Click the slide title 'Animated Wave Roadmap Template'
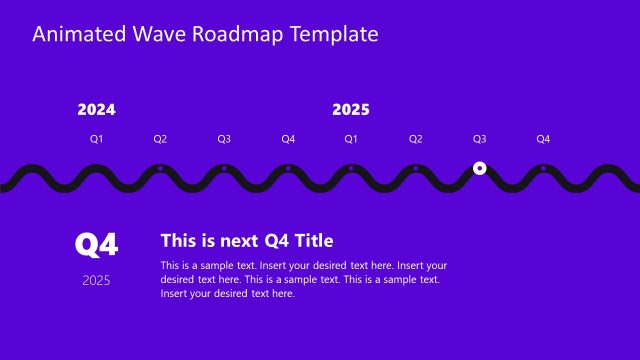click(x=205, y=35)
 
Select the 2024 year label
click(x=96, y=110)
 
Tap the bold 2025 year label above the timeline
click(x=351, y=110)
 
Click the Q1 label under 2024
click(x=96, y=139)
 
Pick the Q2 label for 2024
click(x=160, y=139)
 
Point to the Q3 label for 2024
click(x=224, y=139)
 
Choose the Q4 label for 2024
click(x=288, y=139)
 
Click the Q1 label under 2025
click(x=351, y=139)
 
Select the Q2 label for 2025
click(x=415, y=139)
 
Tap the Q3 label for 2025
click(x=479, y=139)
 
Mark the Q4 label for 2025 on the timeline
click(x=543, y=139)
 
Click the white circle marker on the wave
click(x=479, y=168)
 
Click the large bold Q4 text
click(x=97, y=244)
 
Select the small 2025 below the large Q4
click(x=97, y=280)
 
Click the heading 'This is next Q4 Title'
click(x=247, y=240)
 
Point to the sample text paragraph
click(x=303, y=279)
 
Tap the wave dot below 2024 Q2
click(x=160, y=168)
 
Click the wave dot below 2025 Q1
click(x=351, y=168)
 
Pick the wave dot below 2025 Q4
click(x=543, y=168)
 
